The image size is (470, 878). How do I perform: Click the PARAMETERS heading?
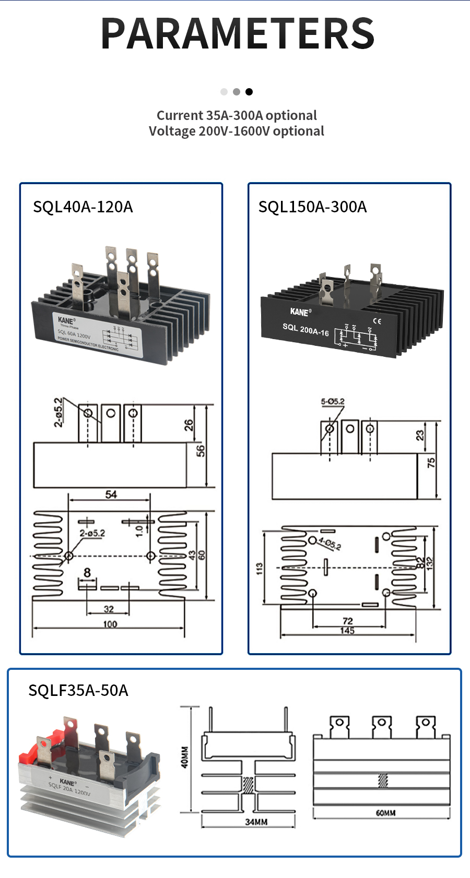click(238, 33)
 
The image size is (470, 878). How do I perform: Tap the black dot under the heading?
click(249, 92)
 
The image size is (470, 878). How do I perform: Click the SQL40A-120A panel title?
click(83, 207)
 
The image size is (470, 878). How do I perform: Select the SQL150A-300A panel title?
click(312, 207)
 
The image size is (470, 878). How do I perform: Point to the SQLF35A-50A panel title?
click(78, 691)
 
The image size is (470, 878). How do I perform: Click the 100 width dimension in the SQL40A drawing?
click(110, 624)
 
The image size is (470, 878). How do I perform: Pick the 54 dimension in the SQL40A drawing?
click(111, 494)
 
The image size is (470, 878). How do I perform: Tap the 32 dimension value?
click(109, 609)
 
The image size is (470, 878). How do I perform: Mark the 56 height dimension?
click(200, 451)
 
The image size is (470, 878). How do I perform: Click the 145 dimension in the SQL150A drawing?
click(347, 631)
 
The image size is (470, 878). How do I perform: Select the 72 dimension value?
click(348, 621)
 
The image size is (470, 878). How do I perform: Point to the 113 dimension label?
click(260, 569)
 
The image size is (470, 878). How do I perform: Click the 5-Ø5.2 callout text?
click(333, 402)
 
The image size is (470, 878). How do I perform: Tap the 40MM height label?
click(185, 757)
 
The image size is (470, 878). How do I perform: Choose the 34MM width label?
click(256, 822)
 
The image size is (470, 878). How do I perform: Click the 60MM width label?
click(385, 813)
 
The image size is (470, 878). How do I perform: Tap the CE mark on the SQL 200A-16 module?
click(377, 321)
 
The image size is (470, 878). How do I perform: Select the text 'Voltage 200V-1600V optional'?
click(237, 131)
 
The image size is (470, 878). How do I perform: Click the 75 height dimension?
click(431, 462)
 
